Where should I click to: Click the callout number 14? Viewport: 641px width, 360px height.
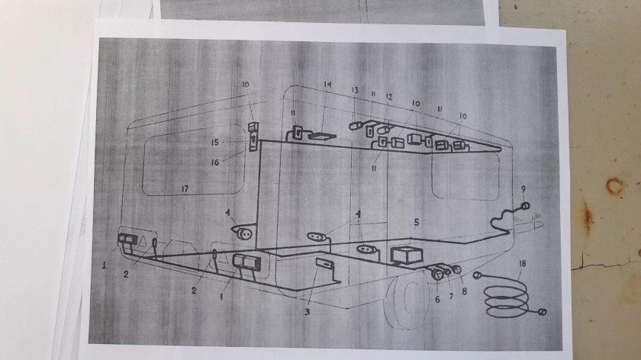(x=327, y=85)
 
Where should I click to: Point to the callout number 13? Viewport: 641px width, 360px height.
(x=354, y=90)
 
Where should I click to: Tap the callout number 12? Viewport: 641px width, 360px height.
(x=388, y=97)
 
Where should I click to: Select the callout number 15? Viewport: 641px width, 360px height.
(x=215, y=143)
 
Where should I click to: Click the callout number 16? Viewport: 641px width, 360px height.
(x=215, y=162)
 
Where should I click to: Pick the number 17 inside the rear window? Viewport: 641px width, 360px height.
(x=185, y=189)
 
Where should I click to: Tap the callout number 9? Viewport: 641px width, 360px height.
(x=523, y=189)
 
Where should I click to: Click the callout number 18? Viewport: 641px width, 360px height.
(x=523, y=264)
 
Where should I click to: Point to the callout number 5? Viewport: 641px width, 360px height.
(x=416, y=222)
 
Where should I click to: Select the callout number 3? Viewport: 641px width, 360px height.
(x=307, y=312)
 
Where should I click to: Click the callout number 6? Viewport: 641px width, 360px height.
(x=437, y=300)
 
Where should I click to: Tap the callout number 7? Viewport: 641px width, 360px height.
(x=451, y=296)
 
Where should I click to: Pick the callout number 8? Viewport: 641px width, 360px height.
(x=464, y=292)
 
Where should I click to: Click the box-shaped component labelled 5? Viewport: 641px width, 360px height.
(x=406, y=255)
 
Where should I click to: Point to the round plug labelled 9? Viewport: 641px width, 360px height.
(x=525, y=206)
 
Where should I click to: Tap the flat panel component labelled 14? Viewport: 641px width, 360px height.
(x=322, y=136)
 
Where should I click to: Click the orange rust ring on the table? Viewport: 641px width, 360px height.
(x=614, y=186)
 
